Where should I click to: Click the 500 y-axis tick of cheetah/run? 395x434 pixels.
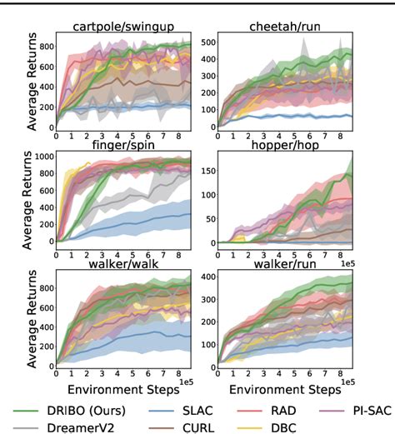click(x=208, y=41)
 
